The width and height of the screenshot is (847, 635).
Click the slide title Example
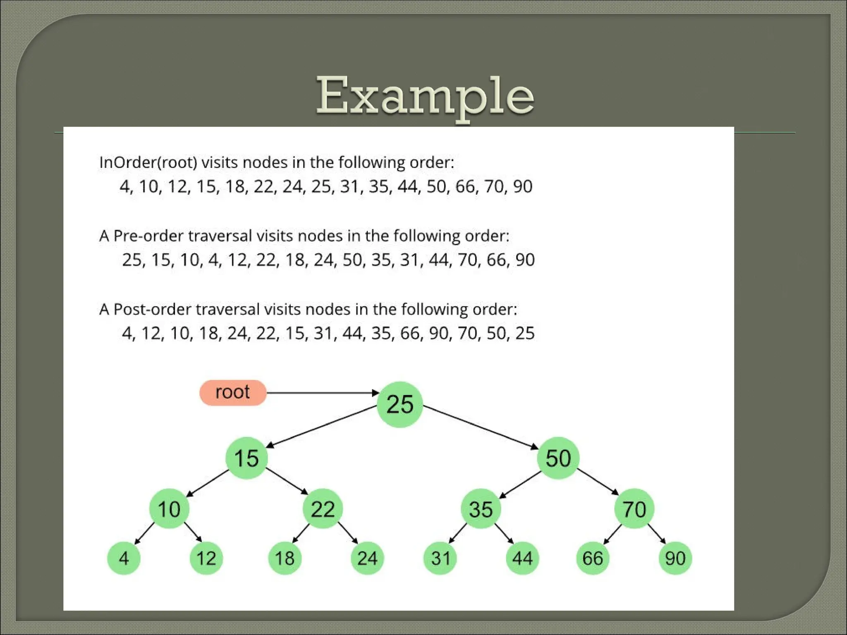(425, 96)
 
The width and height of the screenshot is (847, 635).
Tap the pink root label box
(233, 393)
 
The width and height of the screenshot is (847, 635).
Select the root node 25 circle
(400, 404)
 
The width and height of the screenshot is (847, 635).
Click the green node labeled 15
(246, 458)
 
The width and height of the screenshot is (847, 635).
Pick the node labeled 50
(558, 458)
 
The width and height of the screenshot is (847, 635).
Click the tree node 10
(169, 509)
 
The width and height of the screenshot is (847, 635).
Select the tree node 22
(323, 509)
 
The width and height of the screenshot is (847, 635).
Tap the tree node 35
(481, 509)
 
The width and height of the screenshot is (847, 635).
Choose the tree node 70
(634, 509)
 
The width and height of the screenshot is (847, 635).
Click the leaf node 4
(124, 559)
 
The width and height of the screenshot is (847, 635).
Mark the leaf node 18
(285, 559)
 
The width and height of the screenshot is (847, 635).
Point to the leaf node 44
(522, 559)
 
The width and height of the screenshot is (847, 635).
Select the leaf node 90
(675, 559)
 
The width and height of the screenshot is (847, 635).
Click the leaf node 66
(593, 559)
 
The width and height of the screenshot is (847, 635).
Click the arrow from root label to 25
(323, 393)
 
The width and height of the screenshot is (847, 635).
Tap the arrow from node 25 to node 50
(480, 427)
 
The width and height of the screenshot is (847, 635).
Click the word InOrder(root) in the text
(148, 162)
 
